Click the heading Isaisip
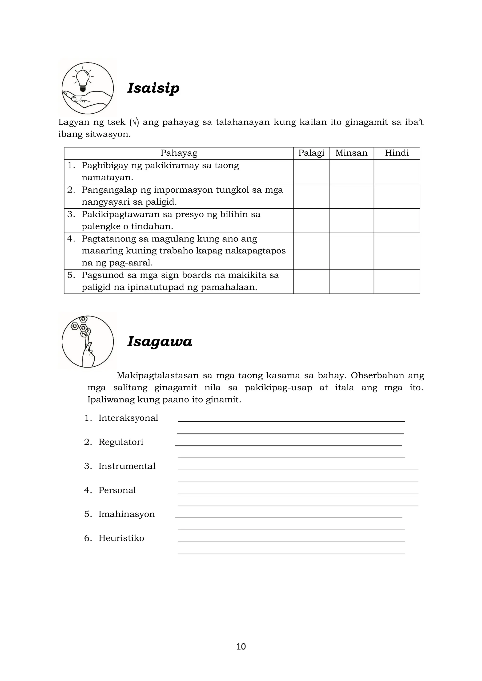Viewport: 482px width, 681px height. [153, 88]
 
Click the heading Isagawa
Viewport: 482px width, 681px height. [160, 342]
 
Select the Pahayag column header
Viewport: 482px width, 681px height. [179, 153]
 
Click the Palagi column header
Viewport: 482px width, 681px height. [311, 153]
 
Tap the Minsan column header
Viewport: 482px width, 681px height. [351, 153]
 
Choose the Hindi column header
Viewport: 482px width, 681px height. [397, 153]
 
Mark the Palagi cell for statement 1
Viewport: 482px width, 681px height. [311, 172]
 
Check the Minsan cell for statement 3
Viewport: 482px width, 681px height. [351, 221]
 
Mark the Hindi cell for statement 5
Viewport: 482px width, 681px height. [397, 281]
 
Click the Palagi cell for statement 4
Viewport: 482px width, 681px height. [311, 251]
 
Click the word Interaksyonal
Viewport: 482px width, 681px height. [128, 418]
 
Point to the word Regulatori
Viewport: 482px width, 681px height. [121, 442]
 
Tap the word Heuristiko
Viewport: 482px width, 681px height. [121, 538]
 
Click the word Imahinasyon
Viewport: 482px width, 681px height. [126, 514]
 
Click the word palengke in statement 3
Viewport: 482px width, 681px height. [101, 227]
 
